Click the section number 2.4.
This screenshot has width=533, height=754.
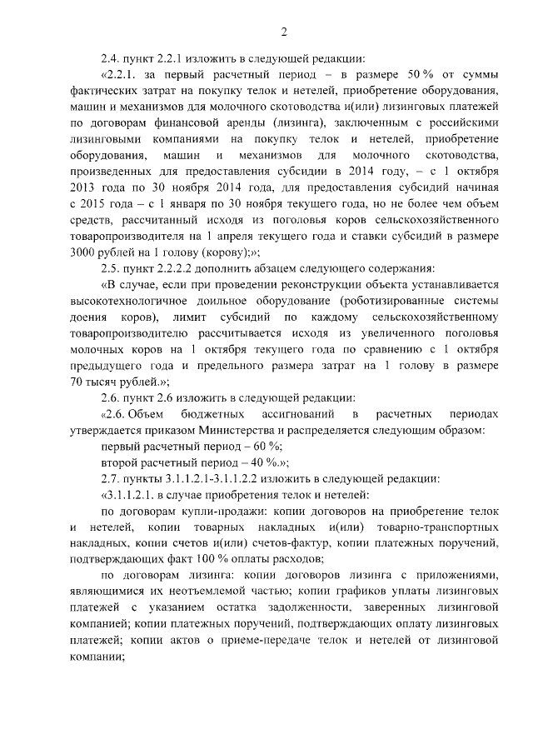point(109,58)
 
